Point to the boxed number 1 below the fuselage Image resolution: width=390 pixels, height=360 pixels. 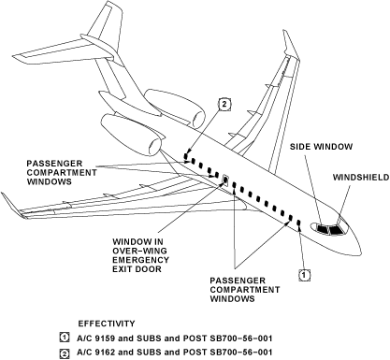(x=303, y=274)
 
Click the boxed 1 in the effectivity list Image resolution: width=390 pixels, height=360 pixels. (x=65, y=337)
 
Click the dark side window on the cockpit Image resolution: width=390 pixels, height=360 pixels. (x=321, y=228)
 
